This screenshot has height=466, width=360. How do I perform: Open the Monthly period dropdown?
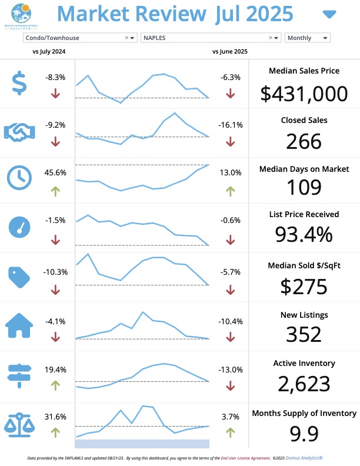tap(307, 38)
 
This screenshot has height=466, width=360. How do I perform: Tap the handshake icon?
tap(19, 133)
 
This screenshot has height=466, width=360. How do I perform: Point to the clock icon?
tap(19, 177)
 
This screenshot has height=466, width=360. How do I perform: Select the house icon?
tap(19, 325)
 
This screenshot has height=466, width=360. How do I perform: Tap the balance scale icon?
tap(19, 422)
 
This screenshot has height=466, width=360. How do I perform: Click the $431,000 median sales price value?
tap(304, 94)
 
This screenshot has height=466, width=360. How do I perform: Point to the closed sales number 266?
tap(304, 141)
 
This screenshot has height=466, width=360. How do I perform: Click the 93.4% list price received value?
tap(304, 235)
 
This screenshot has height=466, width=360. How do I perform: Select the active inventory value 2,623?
tap(304, 384)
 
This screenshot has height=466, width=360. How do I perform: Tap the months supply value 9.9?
tap(304, 434)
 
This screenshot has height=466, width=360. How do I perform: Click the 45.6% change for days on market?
tap(55, 173)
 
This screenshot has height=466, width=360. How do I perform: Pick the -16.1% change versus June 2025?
tap(230, 125)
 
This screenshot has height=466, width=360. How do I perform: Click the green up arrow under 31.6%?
tap(55, 432)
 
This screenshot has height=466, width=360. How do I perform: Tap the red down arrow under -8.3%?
tap(55, 93)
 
